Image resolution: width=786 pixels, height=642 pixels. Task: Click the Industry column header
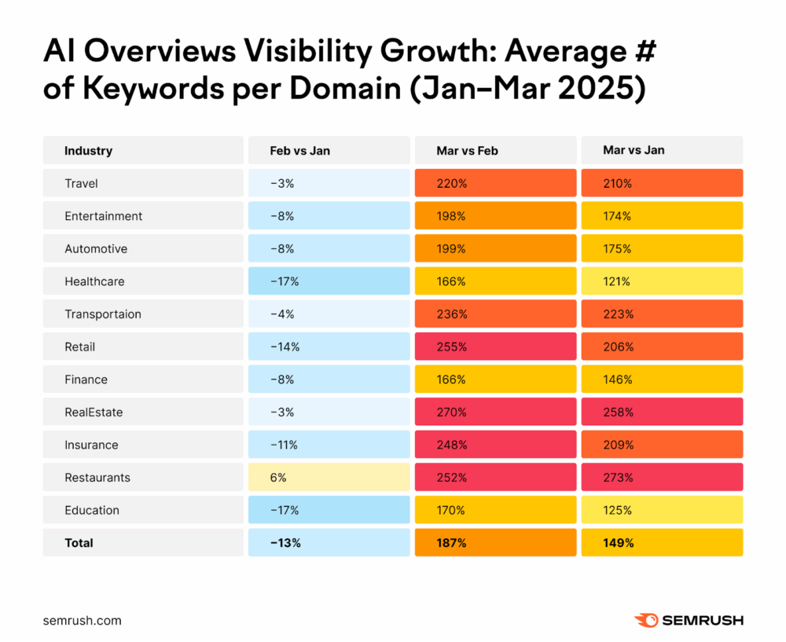tap(88, 150)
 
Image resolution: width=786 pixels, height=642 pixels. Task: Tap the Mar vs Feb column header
tap(467, 150)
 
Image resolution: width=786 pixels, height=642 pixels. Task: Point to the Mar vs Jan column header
tap(634, 150)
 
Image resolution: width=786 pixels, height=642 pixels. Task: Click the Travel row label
tap(81, 183)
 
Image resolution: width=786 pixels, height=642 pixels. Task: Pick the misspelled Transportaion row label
tap(103, 314)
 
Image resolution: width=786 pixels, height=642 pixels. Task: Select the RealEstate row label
tap(94, 412)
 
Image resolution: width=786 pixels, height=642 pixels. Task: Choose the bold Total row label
tap(79, 543)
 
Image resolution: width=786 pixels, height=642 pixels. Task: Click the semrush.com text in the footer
tap(82, 620)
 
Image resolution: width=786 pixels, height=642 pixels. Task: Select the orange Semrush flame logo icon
tap(646, 620)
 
